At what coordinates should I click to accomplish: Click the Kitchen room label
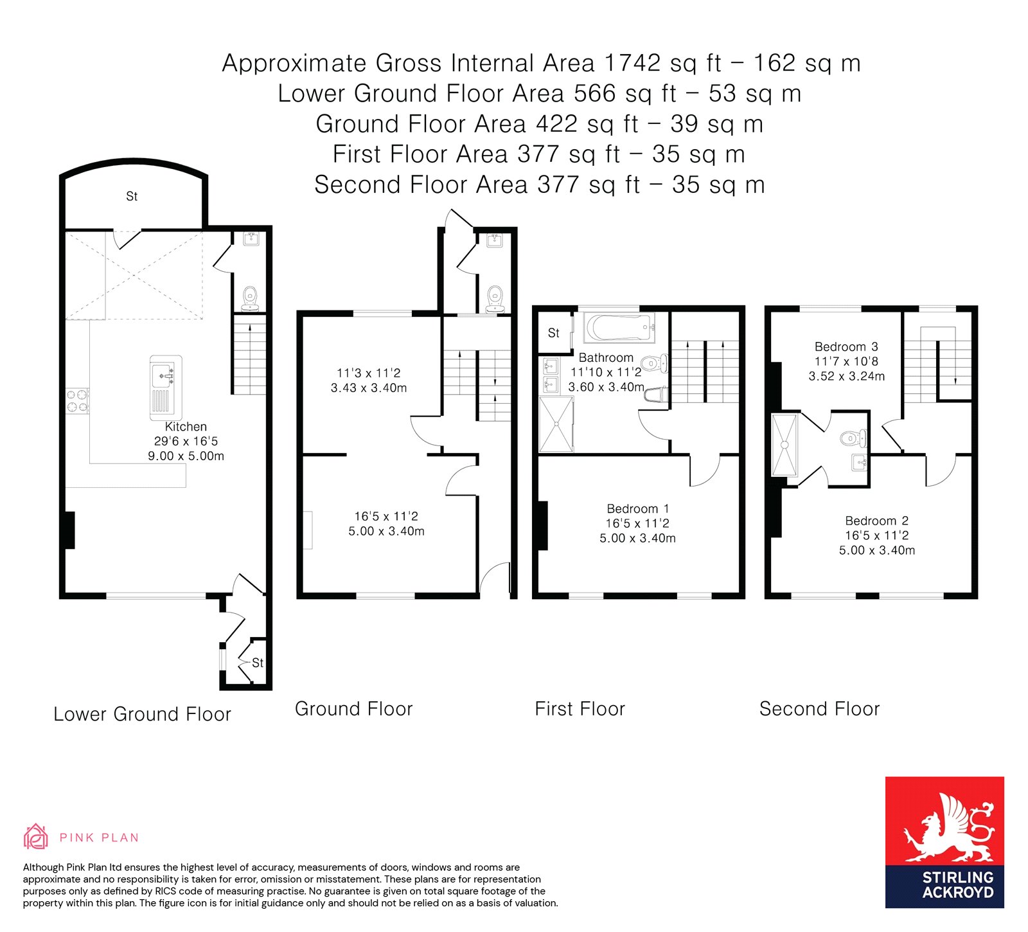(x=186, y=427)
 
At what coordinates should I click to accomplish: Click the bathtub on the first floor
(x=619, y=328)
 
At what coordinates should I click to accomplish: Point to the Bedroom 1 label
(x=638, y=509)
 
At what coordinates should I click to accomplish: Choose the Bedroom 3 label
(x=846, y=347)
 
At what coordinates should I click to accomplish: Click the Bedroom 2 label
(x=876, y=521)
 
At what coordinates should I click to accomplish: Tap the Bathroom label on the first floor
(x=606, y=358)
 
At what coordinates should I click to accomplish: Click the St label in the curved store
(x=132, y=197)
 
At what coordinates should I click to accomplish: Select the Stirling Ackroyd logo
(x=944, y=842)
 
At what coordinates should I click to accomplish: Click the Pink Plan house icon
(x=35, y=837)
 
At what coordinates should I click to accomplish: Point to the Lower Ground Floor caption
(x=142, y=714)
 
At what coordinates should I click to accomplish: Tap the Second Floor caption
(x=819, y=709)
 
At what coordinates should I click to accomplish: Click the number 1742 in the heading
(x=632, y=63)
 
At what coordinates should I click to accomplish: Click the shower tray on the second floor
(x=784, y=445)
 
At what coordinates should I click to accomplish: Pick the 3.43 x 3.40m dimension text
(x=369, y=388)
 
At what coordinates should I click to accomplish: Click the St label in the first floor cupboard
(x=554, y=333)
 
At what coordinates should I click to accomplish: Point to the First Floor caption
(x=580, y=709)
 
